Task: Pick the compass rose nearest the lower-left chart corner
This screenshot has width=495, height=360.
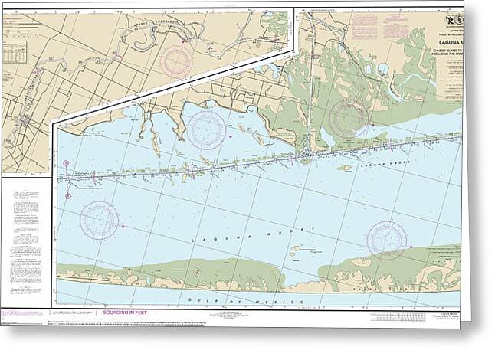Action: pyautogui.click(x=99, y=219)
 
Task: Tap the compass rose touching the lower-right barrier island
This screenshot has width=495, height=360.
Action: pyautogui.click(x=386, y=240)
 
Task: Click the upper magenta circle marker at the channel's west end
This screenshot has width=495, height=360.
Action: pyautogui.click(x=67, y=164)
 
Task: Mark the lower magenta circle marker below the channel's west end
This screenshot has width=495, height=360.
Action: pyautogui.click(x=68, y=196)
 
